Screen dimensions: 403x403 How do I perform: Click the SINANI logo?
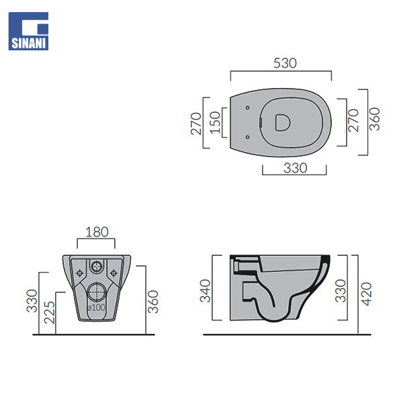(x=28, y=31)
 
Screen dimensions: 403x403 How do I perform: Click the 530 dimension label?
(x=285, y=63)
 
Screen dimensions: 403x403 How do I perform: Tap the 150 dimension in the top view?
(x=216, y=123)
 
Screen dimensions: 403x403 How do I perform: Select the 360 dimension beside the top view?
(x=375, y=119)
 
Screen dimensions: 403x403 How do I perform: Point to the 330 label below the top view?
(x=296, y=168)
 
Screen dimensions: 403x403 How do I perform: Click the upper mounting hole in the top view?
(x=247, y=107)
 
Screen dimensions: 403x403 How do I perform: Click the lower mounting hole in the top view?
(x=247, y=137)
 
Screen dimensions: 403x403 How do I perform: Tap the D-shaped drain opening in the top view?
(x=283, y=123)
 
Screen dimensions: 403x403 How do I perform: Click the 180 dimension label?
(x=97, y=232)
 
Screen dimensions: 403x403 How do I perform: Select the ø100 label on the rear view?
(x=96, y=308)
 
